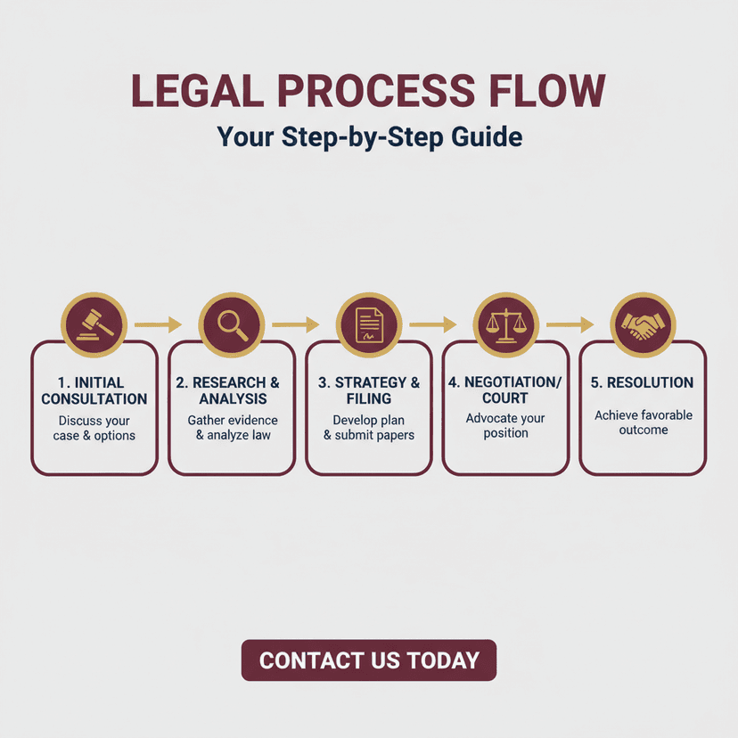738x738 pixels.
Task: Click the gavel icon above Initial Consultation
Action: pyautogui.click(x=94, y=324)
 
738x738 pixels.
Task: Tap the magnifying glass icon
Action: pyautogui.click(x=233, y=325)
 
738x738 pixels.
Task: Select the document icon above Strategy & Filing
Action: pyautogui.click(x=369, y=324)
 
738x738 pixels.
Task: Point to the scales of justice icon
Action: pyautogui.click(x=506, y=324)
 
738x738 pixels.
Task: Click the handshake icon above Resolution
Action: pyautogui.click(x=643, y=324)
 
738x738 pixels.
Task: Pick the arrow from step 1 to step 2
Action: pyautogui.click(x=158, y=324)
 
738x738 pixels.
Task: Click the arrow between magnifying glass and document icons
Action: pyautogui.click(x=296, y=324)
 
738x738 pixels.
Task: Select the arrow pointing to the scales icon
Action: pyautogui.click(x=433, y=324)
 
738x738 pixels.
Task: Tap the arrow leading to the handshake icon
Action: pyautogui.click(x=570, y=324)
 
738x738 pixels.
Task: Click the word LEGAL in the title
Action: pyautogui.click(x=198, y=90)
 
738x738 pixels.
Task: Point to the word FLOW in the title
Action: pyautogui.click(x=548, y=90)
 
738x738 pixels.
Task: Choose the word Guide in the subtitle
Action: pyautogui.click(x=487, y=137)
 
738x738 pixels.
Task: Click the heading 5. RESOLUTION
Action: pyautogui.click(x=642, y=382)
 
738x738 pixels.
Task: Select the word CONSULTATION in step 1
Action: pyautogui.click(x=94, y=399)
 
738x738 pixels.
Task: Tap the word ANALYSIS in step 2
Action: pyautogui.click(x=233, y=399)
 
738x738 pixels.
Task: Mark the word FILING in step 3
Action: pyautogui.click(x=369, y=399)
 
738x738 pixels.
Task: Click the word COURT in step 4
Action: pyautogui.click(x=505, y=398)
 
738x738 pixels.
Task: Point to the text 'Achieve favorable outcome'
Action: pyautogui.click(x=644, y=422)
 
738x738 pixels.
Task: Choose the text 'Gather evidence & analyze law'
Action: pyautogui.click(x=233, y=427)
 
